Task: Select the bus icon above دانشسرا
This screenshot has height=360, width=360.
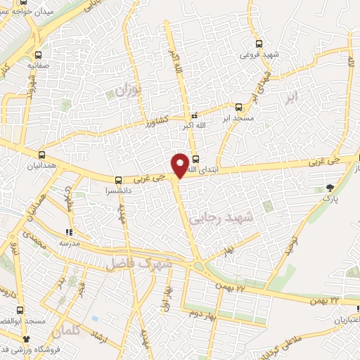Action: point(119,179)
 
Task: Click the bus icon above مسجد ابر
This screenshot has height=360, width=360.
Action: point(238,107)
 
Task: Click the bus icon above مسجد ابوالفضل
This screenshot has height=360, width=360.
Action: point(20,309)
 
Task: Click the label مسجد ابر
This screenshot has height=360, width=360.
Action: point(236,117)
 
